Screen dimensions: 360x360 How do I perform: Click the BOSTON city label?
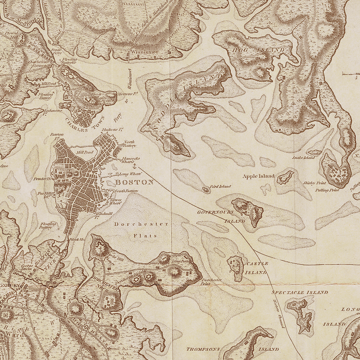pyautogui.click(x=134, y=182)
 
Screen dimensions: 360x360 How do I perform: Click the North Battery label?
pyautogui.click(x=130, y=144)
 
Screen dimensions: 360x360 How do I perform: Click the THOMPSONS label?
pyautogui.click(x=203, y=349)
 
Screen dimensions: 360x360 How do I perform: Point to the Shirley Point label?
pyautogui.click(x=315, y=183)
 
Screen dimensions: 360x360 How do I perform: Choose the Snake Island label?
pyautogui.click(x=304, y=158)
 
